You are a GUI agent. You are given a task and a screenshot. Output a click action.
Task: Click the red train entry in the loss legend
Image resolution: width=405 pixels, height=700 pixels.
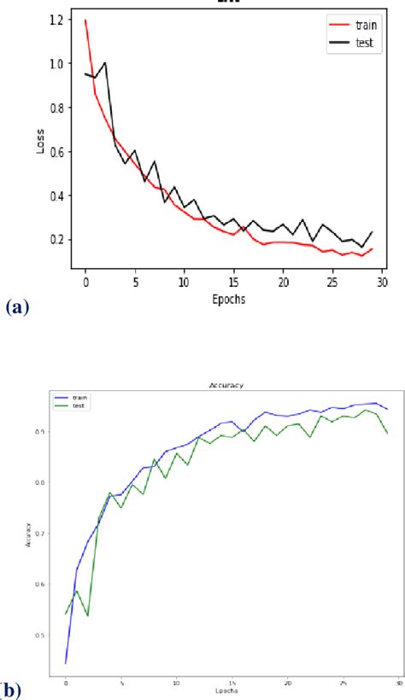tap(355, 26)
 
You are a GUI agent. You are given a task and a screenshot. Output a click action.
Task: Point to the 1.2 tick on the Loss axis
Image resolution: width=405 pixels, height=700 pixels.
tap(57, 19)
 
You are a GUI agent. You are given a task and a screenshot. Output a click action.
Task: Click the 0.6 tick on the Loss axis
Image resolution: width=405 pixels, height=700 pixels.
tap(57, 152)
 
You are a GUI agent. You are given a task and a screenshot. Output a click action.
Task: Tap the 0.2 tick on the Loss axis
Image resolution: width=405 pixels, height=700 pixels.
tap(57, 240)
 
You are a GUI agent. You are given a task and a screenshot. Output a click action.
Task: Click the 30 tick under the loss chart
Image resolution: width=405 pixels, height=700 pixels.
tap(383, 281)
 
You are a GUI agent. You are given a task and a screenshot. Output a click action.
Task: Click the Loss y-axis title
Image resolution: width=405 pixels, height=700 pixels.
tap(40, 142)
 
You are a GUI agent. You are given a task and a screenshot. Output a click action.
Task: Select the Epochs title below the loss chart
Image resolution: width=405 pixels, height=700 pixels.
tap(233, 300)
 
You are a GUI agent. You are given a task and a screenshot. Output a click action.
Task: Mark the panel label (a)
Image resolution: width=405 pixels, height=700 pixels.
tap(16, 306)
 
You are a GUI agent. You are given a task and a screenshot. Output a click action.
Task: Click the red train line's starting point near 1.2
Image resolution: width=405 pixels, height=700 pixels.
tap(85, 19)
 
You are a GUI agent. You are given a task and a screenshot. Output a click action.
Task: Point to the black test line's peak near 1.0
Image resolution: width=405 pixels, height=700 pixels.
tap(105, 62)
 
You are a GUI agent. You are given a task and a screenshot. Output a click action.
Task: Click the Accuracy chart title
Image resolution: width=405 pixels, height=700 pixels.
tap(226, 385)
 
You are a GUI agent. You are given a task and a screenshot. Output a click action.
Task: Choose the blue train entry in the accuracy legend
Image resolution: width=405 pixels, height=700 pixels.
tap(74, 398)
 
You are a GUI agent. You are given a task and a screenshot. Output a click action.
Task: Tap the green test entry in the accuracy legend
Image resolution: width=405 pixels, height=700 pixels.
tap(74, 405)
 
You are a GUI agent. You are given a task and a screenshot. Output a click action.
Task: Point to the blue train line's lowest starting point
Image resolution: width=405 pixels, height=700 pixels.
tap(66, 662)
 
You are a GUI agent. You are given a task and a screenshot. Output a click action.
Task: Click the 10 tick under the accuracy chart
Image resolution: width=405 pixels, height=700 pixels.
tap(176, 683)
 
